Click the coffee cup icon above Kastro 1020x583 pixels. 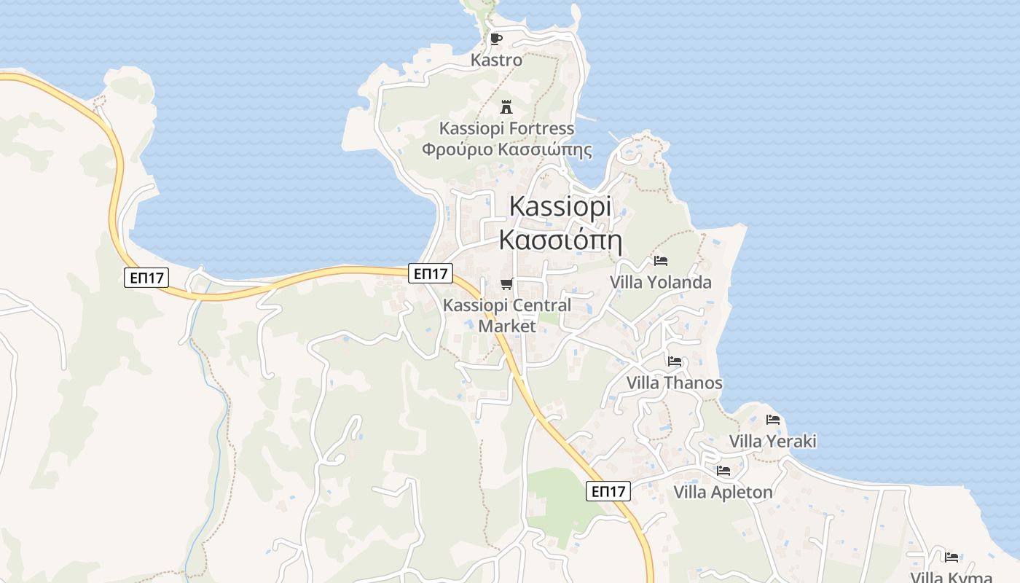(496, 39)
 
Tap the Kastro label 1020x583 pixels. (496, 60)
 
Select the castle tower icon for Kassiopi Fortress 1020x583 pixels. (506, 107)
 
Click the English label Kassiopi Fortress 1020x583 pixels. (506, 129)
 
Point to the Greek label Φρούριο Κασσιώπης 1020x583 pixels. (506, 150)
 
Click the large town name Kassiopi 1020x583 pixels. (560, 207)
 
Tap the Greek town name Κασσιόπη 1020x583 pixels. (559, 239)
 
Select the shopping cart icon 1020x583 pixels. (506, 283)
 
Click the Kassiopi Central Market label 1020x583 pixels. (507, 316)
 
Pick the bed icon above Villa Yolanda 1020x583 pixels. (661, 260)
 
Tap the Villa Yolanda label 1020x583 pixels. (661, 282)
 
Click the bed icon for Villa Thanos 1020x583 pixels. (675, 361)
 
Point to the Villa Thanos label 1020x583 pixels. (675, 383)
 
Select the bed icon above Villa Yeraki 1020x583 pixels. (773, 419)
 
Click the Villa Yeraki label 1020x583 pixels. (773, 441)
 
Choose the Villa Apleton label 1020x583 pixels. (723, 492)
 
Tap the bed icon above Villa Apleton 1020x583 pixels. (723, 470)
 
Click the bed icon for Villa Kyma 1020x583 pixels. (952, 557)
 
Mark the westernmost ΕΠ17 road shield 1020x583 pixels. (146, 277)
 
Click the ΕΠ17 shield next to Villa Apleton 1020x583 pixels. (608, 491)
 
